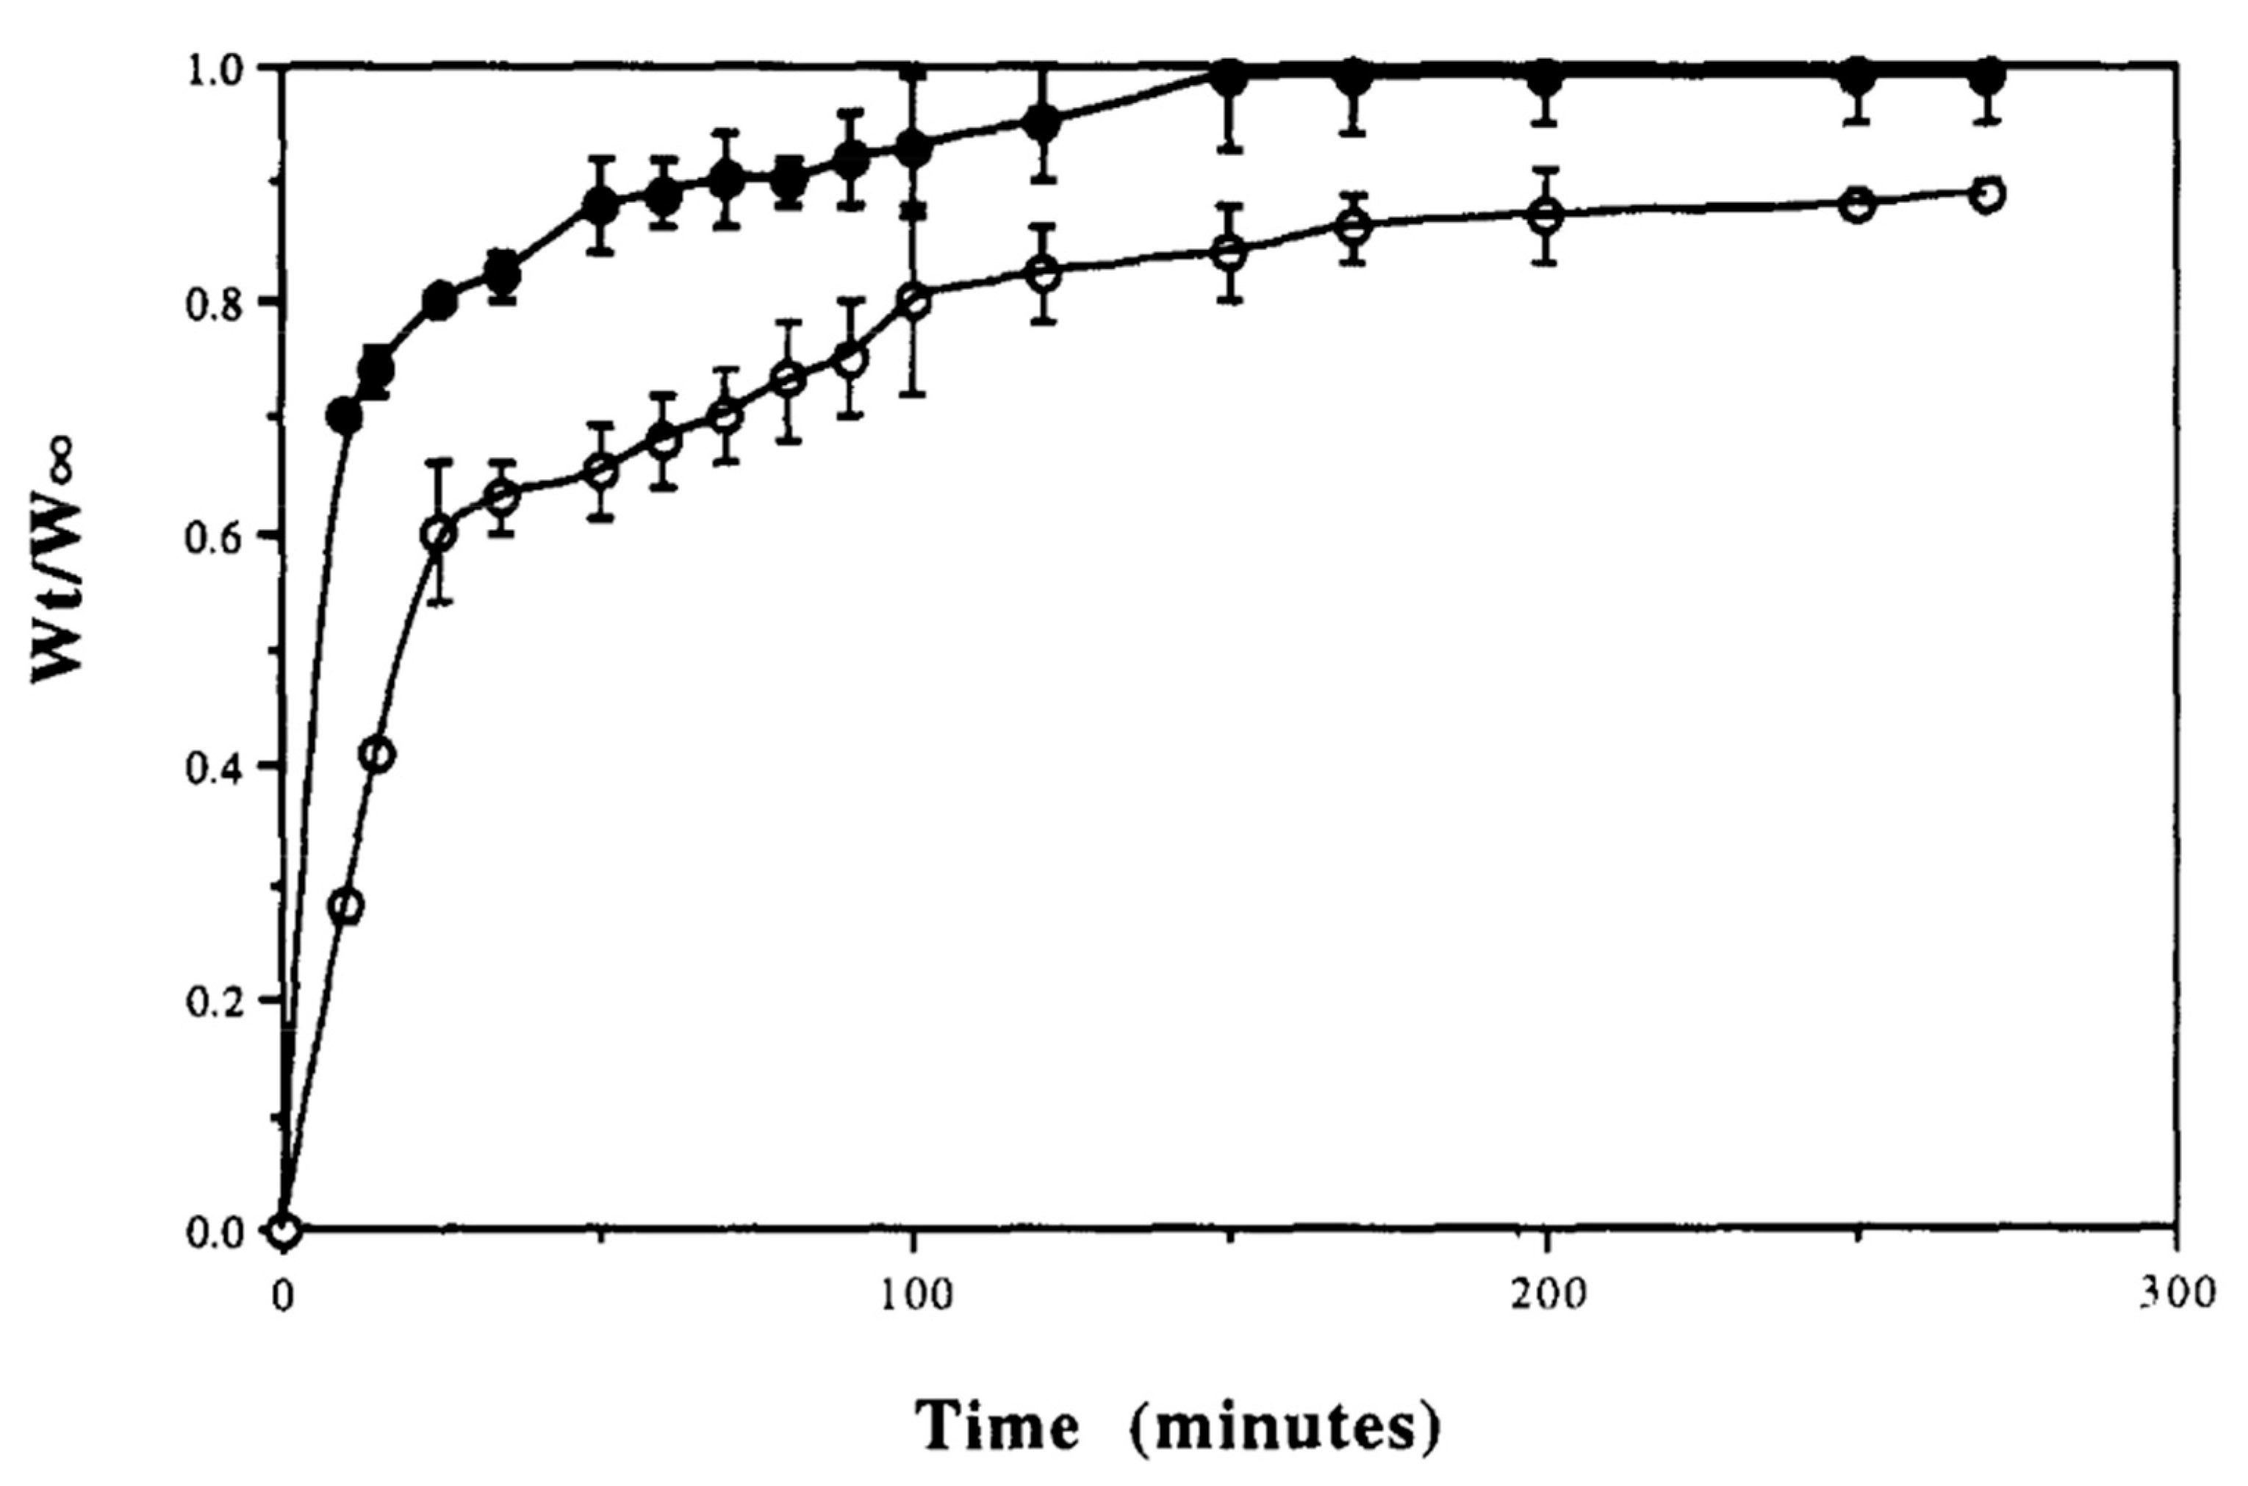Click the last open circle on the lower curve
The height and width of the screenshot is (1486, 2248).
1987,194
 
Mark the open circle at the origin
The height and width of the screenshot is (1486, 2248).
284,1231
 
